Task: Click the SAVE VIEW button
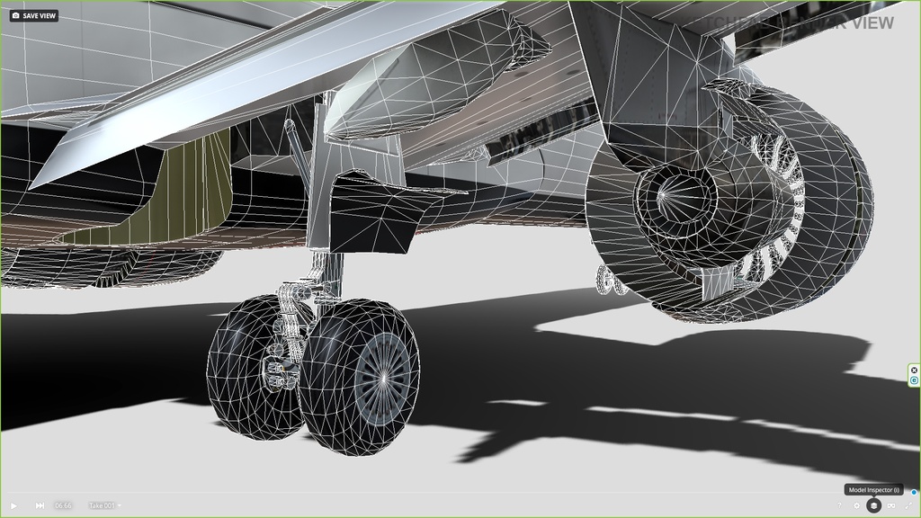pyautogui.click(x=33, y=15)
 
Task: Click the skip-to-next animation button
pyautogui.click(x=40, y=505)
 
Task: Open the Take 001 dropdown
pyautogui.click(x=105, y=505)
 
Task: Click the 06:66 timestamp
pyautogui.click(x=63, y=505)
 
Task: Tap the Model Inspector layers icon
pyautogui.click(x=873, y=505)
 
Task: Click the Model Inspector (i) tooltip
pyautogui.click(x=873, y=490)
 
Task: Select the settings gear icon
pyautogui.click(x=857, y=505)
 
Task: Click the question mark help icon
pyautogui.click(x=840, y=505)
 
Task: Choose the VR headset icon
pyautogui.click(x=890, y=505)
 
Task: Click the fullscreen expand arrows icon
pyautogui.click(x=908, y=505)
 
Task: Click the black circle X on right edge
pyautogui.click(x=914, y=370)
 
